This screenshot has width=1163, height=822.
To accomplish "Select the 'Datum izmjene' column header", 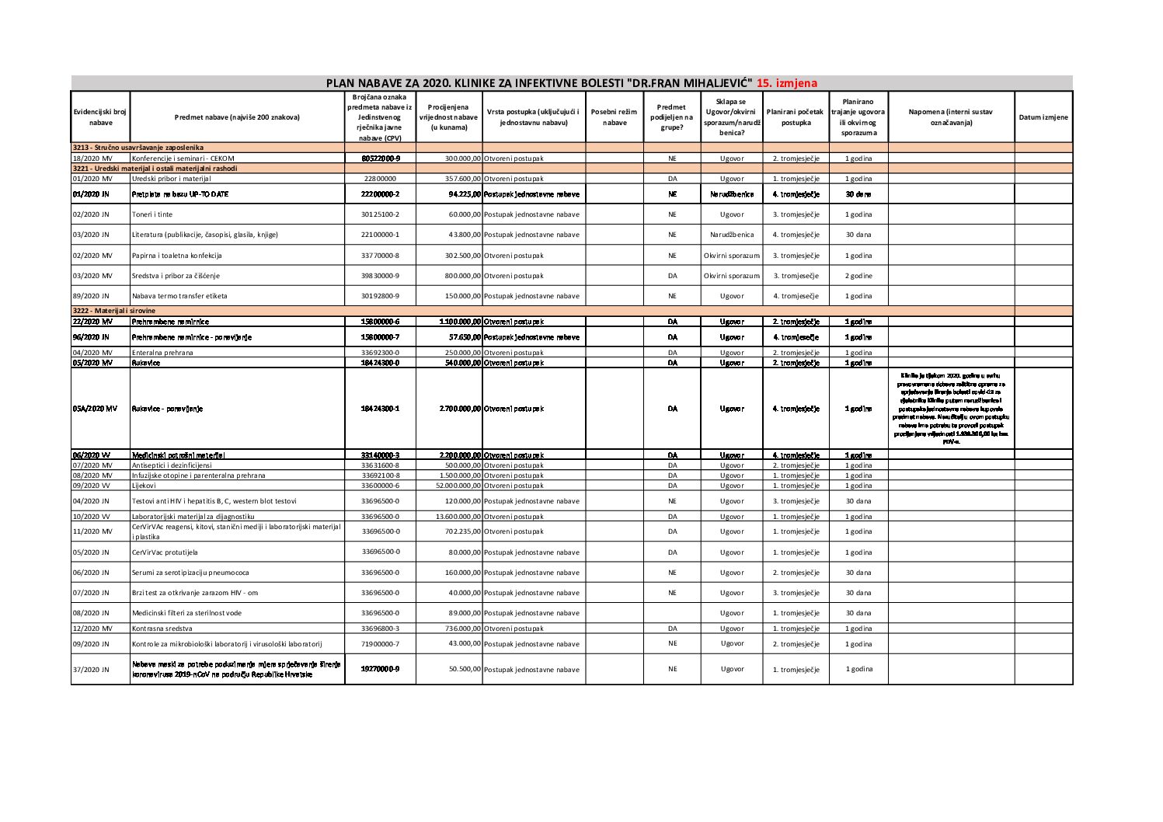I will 1043,117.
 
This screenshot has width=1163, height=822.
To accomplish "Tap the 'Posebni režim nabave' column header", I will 614,117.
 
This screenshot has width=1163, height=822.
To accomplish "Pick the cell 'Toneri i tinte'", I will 152,214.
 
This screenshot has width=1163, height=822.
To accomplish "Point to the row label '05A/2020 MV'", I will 95,409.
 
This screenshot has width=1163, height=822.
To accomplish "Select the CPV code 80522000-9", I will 381,158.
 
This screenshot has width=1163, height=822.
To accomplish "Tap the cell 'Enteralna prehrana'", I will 162,353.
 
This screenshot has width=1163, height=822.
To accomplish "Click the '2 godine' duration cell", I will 858,276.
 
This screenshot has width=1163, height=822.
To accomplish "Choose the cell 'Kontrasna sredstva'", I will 162,629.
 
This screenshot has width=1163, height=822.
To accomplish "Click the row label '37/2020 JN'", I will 91,670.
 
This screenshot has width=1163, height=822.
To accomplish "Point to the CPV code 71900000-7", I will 381,644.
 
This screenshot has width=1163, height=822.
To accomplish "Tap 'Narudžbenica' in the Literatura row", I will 731,235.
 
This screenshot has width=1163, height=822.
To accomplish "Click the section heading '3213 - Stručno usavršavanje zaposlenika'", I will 138,147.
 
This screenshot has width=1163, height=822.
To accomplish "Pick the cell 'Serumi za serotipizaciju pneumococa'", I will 190,573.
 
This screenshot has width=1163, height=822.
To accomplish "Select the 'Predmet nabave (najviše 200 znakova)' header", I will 237,117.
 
